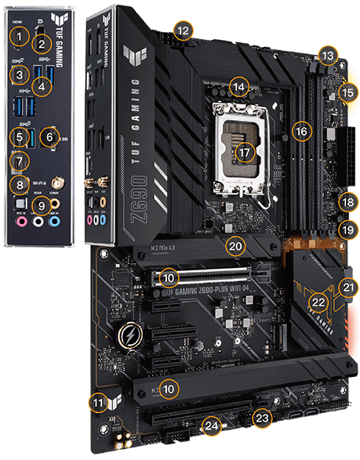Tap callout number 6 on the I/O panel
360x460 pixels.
point(52,137)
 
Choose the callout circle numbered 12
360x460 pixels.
point(183,31)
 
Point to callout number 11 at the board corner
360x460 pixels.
point(97,403)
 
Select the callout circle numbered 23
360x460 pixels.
point(262,418)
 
